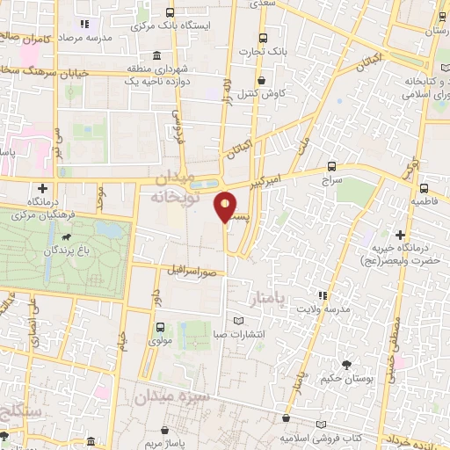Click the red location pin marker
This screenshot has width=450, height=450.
pos(227,206)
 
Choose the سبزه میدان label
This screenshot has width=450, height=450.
pos(171,396)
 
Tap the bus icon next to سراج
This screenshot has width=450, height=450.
pos(331,165)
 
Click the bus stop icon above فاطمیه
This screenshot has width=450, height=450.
pos(424,187)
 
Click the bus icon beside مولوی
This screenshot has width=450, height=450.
pos(159,327)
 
